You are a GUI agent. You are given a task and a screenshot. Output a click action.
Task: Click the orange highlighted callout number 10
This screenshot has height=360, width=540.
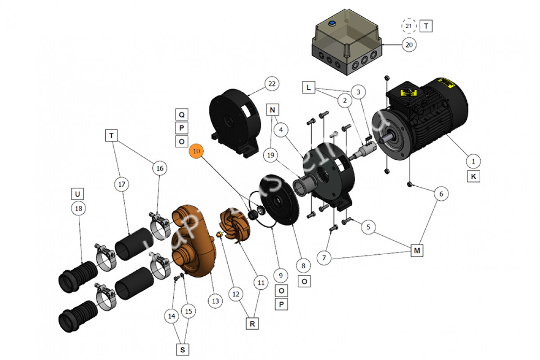(196, 152)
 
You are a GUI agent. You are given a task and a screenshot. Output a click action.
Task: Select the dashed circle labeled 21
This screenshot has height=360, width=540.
(409, 26)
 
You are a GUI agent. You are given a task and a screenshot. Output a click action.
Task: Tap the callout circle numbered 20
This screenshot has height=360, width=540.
(409, 45)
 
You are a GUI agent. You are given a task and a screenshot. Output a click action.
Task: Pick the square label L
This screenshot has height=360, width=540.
(308, 88)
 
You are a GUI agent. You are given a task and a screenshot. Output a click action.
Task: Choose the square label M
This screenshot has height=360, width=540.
(417, 251)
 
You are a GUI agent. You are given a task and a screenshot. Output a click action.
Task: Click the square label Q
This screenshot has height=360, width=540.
(181, 114)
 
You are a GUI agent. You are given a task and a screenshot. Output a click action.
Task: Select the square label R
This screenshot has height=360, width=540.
(253, 323)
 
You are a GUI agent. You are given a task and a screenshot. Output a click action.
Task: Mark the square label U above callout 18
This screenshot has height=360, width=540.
(77, 194)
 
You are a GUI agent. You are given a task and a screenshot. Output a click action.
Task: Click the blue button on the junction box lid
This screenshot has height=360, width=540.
(333, 23)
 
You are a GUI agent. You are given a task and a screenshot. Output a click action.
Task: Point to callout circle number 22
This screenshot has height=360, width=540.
(271, 84)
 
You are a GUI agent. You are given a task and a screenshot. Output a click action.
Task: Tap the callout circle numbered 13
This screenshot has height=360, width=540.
(216, 301)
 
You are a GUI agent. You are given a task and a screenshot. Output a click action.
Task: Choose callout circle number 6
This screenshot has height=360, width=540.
(441, 193)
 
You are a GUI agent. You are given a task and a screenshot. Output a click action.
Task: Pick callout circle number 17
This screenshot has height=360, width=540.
(121, 184)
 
